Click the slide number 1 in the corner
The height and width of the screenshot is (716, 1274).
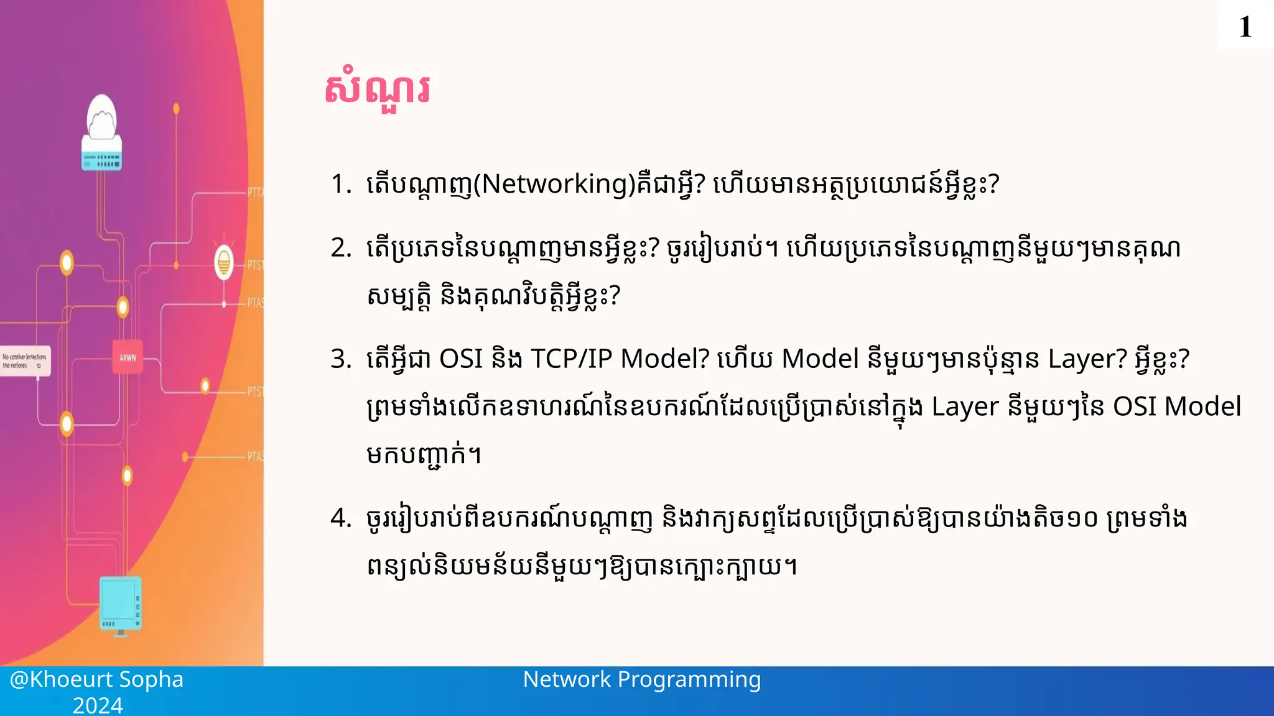pos(1245,27)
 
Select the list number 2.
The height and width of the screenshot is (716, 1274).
pos(340,248)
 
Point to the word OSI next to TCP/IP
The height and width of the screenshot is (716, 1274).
pos(461,359)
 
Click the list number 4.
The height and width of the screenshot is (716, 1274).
pos(340,518)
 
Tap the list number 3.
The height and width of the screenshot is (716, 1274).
pos(340,359)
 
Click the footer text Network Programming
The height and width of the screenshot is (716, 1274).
pos(641,679)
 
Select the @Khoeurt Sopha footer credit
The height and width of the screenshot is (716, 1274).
pos(96,679)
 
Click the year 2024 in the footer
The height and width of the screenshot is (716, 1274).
pos(98,705)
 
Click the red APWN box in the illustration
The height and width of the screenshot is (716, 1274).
pos(128,357)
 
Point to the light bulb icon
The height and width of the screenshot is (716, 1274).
pos(224,262)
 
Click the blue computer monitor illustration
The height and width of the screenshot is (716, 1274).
pos(121,604)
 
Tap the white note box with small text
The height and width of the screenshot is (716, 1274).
pos(25,360)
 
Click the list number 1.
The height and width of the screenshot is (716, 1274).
pos(340,184)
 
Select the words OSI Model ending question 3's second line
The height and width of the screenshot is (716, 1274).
pos(1176,407)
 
